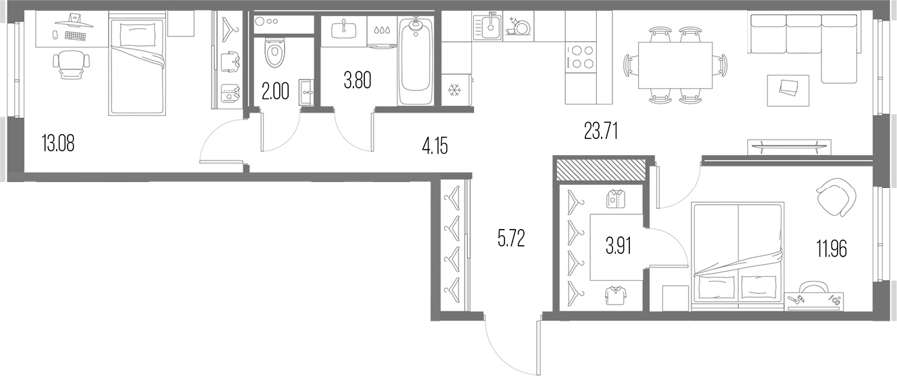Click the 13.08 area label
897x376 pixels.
[58, 143]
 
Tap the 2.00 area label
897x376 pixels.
[275, 91]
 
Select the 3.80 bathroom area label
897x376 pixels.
[358, 81]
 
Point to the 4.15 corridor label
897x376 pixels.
[435, 146]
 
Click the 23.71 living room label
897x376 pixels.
[601, 132]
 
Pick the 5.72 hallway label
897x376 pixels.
[511, 239]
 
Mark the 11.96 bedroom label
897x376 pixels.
[832, 249]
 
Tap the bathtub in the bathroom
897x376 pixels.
[416, 61]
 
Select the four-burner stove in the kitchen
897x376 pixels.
[581, 56]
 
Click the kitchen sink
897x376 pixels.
[487, 27]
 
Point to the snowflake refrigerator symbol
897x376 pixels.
[455, 91]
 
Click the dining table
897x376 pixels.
[675, 65]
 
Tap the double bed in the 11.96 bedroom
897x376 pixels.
[738, 255]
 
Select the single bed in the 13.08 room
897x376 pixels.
[138, 66]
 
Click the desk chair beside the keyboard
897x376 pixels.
[71, 64]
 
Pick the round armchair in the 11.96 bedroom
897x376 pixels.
[836, 196]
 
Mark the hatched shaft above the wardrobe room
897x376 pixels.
[600, 170]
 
